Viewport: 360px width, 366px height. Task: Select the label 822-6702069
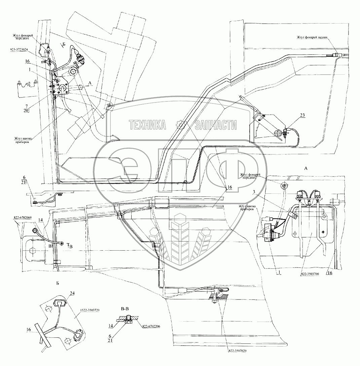tap(23, 218)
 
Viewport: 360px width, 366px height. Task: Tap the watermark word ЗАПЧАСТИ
tap(215, 125)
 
